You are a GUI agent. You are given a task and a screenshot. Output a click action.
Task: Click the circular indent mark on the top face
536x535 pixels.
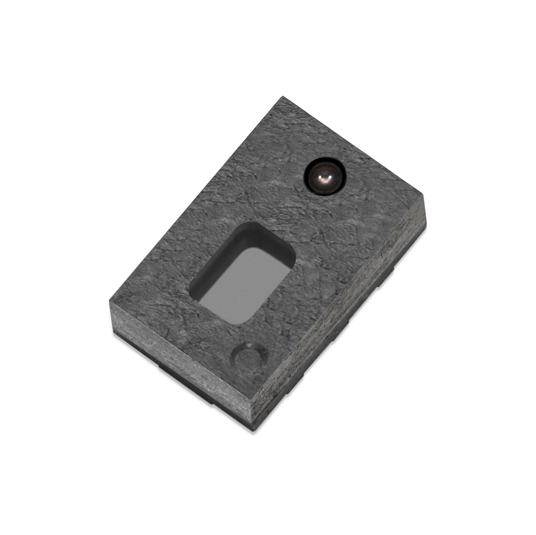point(250,358)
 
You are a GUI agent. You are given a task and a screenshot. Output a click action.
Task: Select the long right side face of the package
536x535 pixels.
point(339,324)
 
